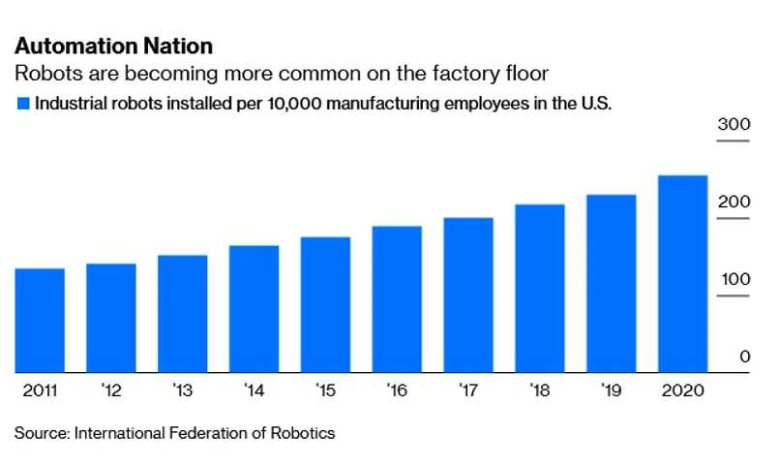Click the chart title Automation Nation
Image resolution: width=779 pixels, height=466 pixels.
(x=113, y=46)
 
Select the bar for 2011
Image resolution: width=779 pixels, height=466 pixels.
(x=40, y=320)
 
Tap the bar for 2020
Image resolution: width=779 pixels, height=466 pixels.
(x=682, y=273)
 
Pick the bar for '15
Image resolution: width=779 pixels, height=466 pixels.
(x=325, y=304)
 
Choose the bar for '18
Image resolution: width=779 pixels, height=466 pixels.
(x=539, y=288)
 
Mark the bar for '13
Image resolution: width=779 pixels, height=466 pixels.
(x=182, y=313)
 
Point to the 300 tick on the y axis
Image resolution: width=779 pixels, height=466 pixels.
(x=734, y=125)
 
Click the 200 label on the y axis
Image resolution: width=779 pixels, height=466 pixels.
(x=734, y=202)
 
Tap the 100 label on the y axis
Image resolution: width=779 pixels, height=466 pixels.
(x=734, y=280)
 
